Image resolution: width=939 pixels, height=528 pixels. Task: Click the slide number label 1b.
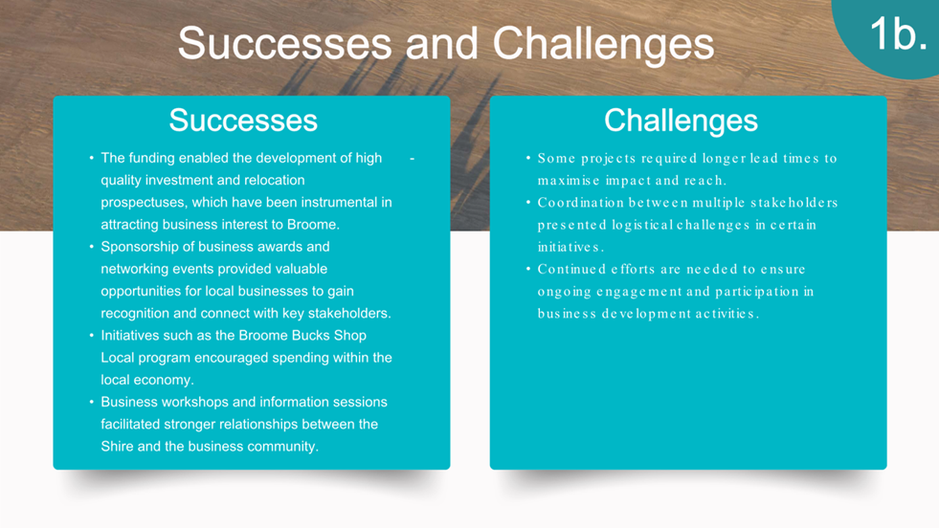[898, 33]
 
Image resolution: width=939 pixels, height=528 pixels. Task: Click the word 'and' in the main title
[442, 43]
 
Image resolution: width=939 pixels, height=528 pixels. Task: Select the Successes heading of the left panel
[243, 120]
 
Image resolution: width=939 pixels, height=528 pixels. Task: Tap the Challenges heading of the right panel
[681, 120]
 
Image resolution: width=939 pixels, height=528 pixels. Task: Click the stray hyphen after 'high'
[412, 159]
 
